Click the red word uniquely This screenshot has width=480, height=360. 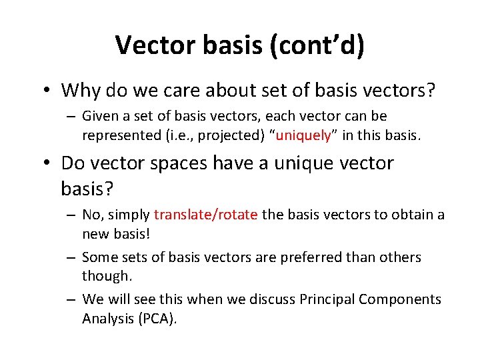click(x=303, y=135)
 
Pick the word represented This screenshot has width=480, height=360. click(x=119, y=135)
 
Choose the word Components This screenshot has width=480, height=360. click(x=400, y=299)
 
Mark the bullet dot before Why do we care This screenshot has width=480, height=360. click(x=48, y=90)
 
